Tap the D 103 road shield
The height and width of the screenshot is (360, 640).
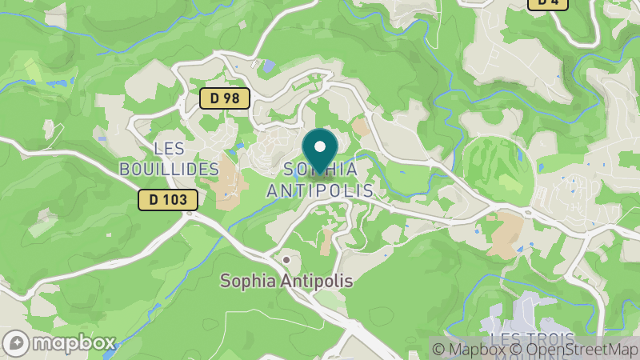tap(167, 200)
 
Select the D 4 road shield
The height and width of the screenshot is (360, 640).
tap(547, 3)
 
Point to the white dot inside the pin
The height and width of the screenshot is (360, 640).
tap(320, 146)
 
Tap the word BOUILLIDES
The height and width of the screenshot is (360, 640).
tap(169, 169)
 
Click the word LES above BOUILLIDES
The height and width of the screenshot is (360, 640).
tap(169, 149)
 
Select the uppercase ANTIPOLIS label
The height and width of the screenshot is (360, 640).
tap(320, 190)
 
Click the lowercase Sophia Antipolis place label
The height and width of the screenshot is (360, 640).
tap(286, 282)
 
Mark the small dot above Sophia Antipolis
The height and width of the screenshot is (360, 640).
tap(286, 261)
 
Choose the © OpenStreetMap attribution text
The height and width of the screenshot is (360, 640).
tap(574, 349)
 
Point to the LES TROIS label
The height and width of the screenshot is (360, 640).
tap(528, 340)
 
